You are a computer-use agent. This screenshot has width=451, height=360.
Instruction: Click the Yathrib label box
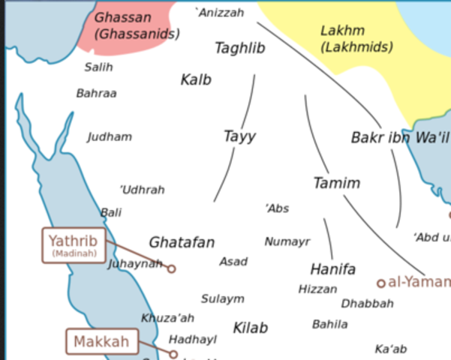coord(74,244)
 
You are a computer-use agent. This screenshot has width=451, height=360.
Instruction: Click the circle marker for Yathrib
coord(171,268)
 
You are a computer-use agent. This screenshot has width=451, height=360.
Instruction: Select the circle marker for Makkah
coord(173,354)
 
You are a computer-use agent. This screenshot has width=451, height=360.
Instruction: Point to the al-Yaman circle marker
coord(380,283)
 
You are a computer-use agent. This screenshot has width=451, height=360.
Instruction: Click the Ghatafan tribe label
coord(182,242)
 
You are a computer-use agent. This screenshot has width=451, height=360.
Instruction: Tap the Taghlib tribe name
coord(240,48)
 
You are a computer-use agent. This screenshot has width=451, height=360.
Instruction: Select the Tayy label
coord(239,136)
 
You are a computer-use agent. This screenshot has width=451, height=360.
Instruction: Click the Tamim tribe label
coord(337,183)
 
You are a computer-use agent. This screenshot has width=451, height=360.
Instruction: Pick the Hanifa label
coord(332,269)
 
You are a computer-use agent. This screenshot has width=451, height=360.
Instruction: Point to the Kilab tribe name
coord(250,328)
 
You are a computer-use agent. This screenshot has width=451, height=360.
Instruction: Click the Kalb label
coord(196,79)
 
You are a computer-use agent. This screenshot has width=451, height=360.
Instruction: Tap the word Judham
coord(110,136)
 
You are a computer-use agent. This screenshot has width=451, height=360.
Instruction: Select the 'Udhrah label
coord(142,190)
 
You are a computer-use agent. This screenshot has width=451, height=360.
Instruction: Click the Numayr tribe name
coord(287,241)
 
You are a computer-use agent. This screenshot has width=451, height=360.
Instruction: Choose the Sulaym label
coord(222,298)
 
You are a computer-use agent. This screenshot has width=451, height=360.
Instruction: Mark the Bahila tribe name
coord(330,324)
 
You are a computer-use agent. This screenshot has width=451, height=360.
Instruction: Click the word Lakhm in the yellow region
coord(342,31)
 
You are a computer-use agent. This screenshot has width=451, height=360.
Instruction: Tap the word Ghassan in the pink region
coord(122,16)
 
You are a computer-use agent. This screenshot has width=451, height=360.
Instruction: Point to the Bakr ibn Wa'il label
coord(399,137)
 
